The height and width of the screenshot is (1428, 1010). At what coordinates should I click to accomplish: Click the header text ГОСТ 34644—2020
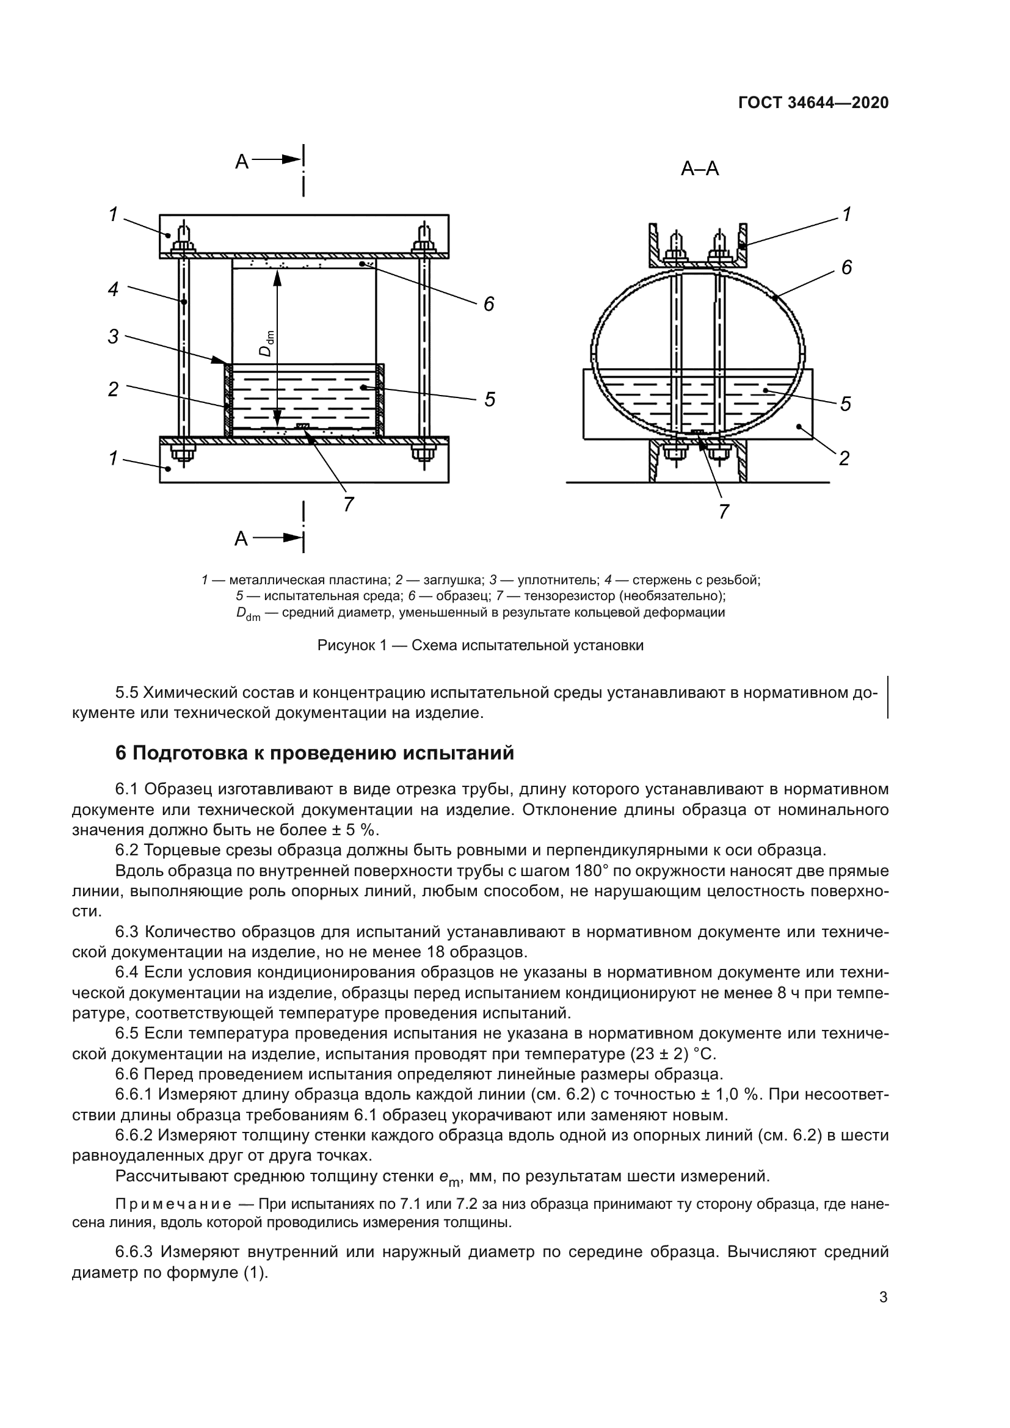coord(813,103)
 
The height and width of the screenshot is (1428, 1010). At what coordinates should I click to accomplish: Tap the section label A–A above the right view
coord(700,169)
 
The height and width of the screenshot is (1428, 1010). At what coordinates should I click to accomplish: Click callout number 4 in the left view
coord(113,289)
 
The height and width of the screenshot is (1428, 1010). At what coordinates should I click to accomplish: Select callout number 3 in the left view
coord(113,337)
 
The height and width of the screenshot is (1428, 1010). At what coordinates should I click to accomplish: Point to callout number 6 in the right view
coord(846,268)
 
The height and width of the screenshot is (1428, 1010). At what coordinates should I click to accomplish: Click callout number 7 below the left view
coord(348,504)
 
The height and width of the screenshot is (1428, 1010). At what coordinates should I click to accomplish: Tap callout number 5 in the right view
coord(846,404)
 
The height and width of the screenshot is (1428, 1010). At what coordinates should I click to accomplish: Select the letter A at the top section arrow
coord(241,162)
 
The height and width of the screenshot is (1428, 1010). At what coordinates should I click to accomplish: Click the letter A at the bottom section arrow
coord(241,538)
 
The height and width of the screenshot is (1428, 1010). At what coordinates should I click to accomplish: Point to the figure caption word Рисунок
coord(341,645)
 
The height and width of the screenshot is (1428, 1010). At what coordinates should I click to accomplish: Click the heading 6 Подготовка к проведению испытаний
coord(314,753)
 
